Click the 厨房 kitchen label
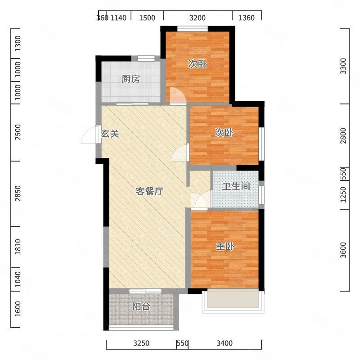[130, 79]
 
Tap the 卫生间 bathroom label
[236, 186]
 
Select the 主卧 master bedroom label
[225, 246]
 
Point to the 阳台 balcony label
[141, 306]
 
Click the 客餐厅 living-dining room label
[149, 191]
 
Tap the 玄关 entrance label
[110, 134]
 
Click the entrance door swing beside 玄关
[88, 135]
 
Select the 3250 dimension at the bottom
[141, 343]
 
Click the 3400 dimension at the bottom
[225, 343]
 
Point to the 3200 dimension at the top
[198, 18]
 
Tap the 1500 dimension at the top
[147, 18]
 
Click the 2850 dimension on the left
[18, 193]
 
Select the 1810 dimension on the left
[18, 247]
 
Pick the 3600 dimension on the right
[343, 250]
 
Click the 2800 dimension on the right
[343, 136]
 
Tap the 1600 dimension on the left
[18, 309]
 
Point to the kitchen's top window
[146, 58]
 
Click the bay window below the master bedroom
[233, 301]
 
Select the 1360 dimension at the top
[247, 18]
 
